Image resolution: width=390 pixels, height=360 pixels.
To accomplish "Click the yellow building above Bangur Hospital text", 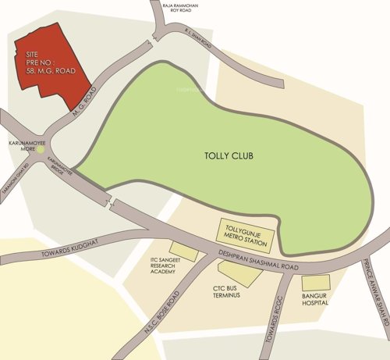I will click(316, 283).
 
